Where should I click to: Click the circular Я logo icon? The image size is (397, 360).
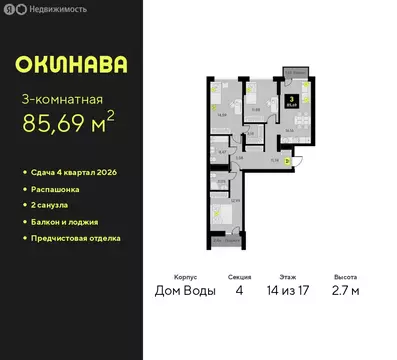click(9, 9)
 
